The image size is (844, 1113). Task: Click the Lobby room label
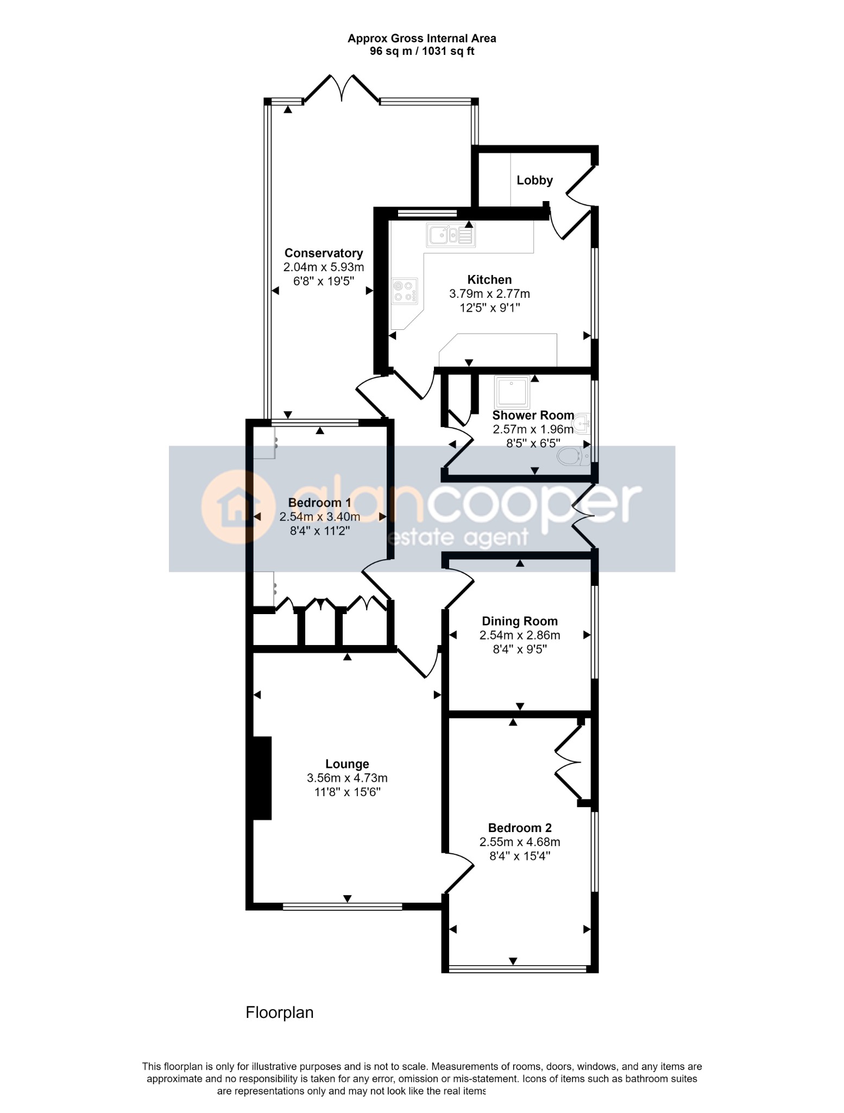point(534,180)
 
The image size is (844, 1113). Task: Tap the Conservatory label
point(324,253)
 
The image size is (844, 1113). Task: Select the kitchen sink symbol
point(451,235)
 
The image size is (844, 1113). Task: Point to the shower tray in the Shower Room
point(512,392)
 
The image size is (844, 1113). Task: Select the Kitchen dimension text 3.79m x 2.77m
point(489,294)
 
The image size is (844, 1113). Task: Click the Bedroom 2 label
point(520,828)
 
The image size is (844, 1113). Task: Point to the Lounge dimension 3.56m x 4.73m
point(347,778)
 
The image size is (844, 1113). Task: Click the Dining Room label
point(520,621)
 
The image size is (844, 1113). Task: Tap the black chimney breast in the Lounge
point(262,778)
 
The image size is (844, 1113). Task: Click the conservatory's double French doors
point(342,88)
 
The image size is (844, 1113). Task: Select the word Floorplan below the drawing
point(280,1012)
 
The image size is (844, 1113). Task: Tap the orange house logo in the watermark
point(237,507)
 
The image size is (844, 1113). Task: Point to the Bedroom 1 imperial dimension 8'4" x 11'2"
point(319,531)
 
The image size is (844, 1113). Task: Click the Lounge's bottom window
point(342,906)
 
